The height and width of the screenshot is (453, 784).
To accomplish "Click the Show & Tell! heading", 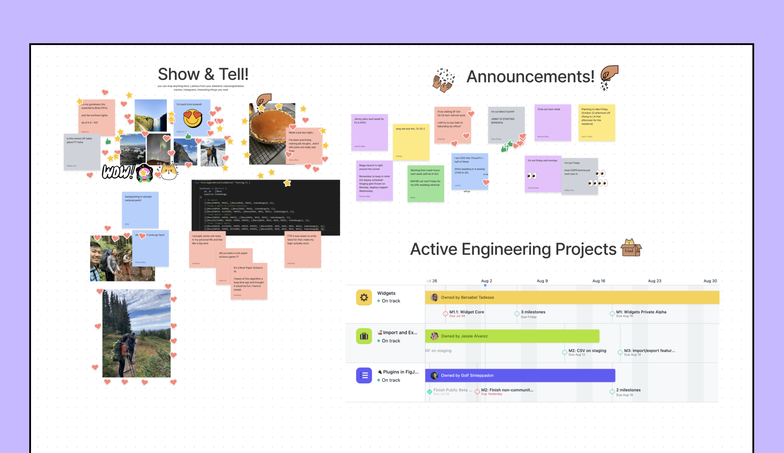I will (203, 74).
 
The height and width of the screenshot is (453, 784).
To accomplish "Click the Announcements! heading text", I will (530, 77).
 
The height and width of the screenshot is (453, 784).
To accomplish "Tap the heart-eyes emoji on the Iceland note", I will (192, 118).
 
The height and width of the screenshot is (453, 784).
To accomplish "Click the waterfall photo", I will (151, 115).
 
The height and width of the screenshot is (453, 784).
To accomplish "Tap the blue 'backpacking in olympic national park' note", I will (140, 210).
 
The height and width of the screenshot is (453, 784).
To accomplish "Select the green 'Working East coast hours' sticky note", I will (425, 184).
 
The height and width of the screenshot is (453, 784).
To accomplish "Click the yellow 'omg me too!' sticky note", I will (411, 142).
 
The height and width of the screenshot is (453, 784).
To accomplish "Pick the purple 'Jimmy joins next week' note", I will (369, 132).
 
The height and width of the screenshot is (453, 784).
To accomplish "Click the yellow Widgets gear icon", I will (364, 298).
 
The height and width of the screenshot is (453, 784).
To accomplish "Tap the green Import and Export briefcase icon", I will (364, 336).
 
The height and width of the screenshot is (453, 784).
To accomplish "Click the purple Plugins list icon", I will (364, 375).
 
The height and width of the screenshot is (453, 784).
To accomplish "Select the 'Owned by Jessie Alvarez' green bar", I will (512, 336).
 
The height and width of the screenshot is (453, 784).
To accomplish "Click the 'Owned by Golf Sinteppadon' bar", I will (520, 375).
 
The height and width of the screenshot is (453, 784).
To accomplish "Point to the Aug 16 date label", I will (598, 281).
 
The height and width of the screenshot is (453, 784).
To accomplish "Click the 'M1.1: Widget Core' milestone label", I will (466, 312).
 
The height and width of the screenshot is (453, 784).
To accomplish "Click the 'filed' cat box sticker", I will (631, 248).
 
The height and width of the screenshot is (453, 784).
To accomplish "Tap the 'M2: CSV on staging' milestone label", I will (587, 350).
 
